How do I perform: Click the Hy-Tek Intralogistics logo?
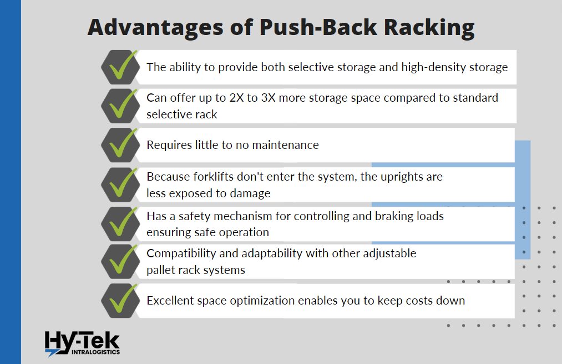point(82,343)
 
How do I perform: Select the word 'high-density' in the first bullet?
point(419,67)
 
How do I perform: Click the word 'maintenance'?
point(285,145)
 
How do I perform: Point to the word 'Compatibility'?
point(184,253)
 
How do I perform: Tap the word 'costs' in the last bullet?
point(418,301)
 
